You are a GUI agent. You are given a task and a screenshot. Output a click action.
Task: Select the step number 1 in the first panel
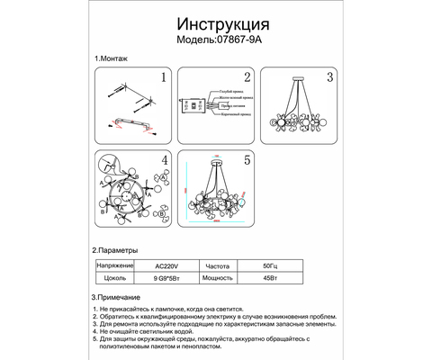[x=163, y=78]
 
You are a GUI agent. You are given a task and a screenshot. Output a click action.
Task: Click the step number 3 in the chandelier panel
[x=330, y=78]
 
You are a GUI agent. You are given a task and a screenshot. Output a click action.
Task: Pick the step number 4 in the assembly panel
[x=164, y=161]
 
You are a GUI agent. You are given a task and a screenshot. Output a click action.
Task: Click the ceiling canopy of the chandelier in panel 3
[x=301, y=82]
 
